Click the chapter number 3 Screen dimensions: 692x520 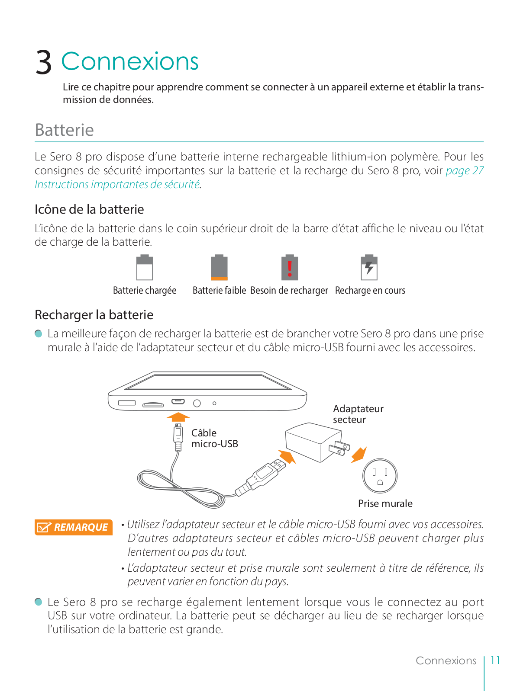tap(44, 62)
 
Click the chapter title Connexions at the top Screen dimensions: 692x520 tap(130, 61)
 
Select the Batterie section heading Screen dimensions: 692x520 tap(64, 130)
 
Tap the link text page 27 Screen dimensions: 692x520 tap(465, 170)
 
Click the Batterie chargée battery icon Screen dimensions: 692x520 tap(145, 268)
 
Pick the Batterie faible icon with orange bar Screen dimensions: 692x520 tap(219, 268)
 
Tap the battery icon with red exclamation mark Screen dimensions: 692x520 tap(290, 268)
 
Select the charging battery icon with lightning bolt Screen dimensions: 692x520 tap(369, 268)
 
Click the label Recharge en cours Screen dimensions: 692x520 tap(370, 290)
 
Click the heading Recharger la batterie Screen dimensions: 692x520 tap(94, 315)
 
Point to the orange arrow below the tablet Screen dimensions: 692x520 tap(178, 417)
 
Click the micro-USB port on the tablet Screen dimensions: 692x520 tap(178, 402)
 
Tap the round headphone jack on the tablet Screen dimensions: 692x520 tap(197, 403)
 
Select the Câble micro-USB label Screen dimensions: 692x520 tap(215, 438)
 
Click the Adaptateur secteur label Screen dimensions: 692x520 tap(358, 414)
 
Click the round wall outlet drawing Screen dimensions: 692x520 tap(380, 476)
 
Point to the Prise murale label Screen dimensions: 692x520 tap(385, 503)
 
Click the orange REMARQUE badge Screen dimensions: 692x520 tap(73, 527)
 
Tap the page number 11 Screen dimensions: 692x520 tap(495, 660)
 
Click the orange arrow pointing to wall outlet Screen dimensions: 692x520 tap(359, 455)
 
